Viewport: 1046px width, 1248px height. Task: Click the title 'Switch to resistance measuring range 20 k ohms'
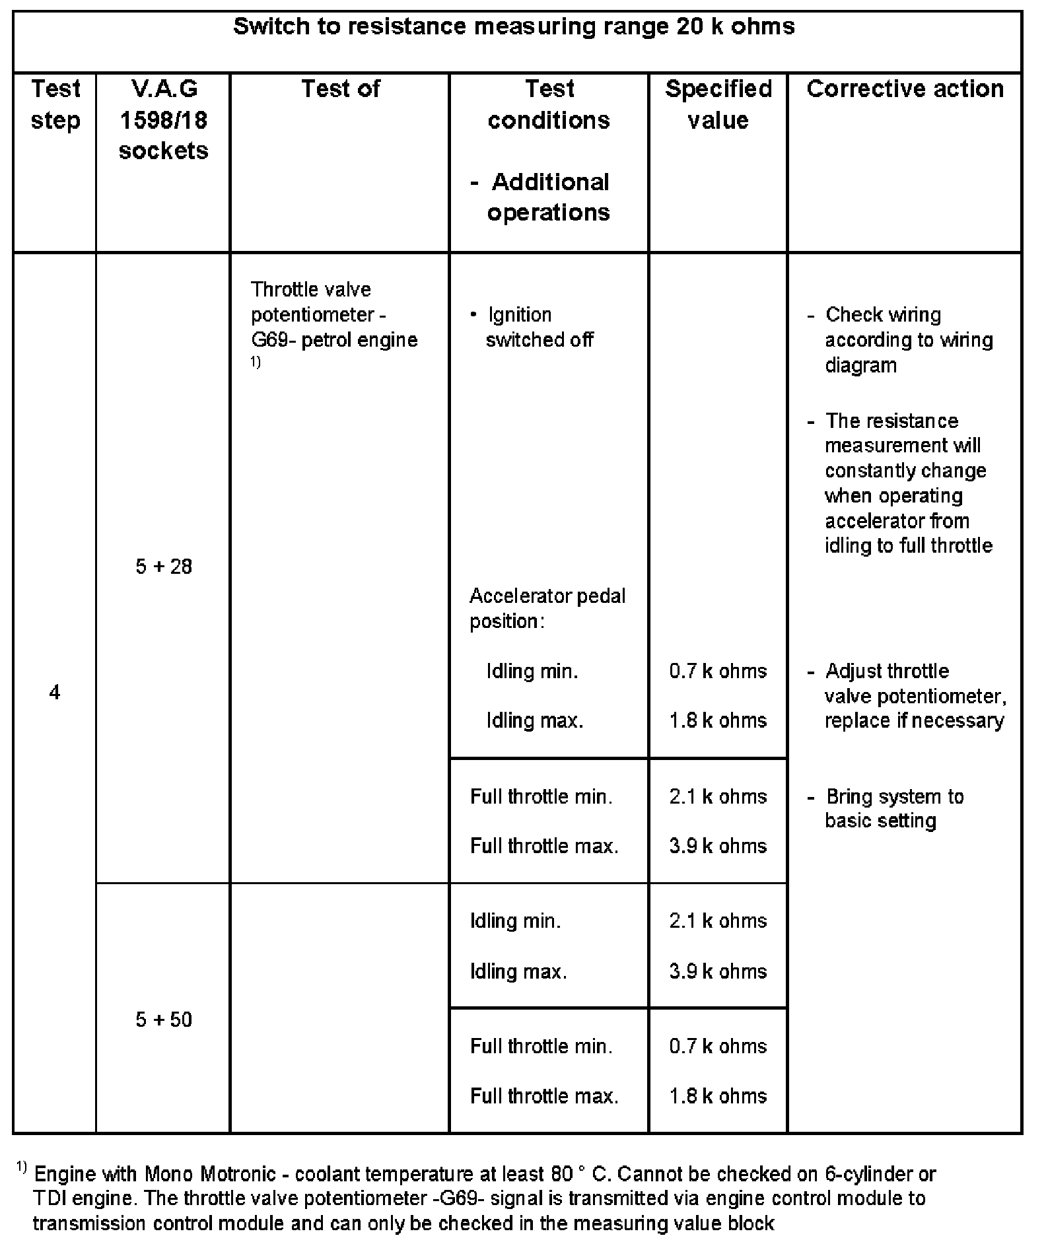point(514,27)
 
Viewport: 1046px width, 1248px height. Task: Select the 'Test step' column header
point(55,104)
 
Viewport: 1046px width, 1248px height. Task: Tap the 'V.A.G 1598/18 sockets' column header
point(163,120)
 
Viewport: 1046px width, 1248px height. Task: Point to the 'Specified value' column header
point(718,104)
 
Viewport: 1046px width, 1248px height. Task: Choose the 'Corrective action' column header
point(905,89)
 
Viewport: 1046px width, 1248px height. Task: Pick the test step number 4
point(55,692)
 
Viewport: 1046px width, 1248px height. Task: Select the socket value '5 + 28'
point(163,567)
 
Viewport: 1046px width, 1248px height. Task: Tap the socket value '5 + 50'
point(163,1020)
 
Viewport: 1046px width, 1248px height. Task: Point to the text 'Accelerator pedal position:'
point(547,608)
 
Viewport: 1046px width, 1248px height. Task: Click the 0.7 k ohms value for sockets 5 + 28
point(718,671)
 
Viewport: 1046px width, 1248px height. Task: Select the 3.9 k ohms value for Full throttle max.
point(718,846)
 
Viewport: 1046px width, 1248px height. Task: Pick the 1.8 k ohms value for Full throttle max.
point(718,1096)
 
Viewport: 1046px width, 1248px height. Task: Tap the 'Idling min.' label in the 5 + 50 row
point(515,920)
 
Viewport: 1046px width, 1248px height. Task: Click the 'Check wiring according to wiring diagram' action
point(908,340)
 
